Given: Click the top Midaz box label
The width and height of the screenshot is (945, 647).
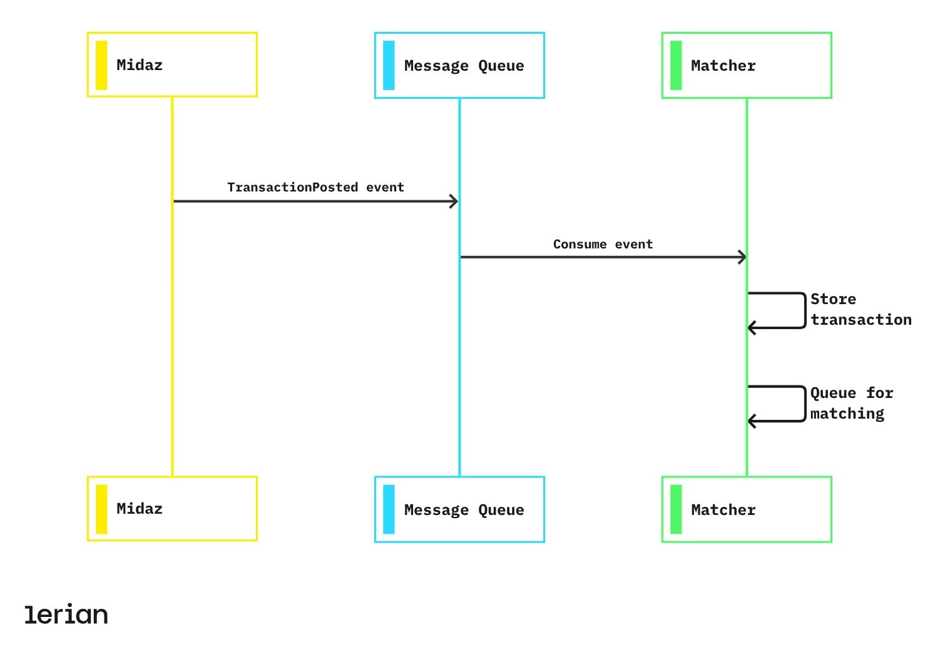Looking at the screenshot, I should tap(139, 65).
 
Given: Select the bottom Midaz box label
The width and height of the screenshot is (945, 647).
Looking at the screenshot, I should tap(139, 509).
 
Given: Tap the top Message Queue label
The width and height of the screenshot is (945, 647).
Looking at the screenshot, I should tap(464, 66).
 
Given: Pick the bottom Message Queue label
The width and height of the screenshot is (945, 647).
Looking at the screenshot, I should tap(464, 510).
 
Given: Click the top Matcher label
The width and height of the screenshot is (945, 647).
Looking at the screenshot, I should tap(723, 66).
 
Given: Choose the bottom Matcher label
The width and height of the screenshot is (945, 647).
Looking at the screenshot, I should tap(723, 510).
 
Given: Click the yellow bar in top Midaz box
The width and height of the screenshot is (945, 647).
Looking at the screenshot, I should tap(101, 65).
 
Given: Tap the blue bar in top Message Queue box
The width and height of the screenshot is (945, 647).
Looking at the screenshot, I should tap(389, 66).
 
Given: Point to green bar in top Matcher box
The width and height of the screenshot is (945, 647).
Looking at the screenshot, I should tap(676, 66).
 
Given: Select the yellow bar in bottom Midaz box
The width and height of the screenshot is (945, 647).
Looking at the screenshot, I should tap(101, 509).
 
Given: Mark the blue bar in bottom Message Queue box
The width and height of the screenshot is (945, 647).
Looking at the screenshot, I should tap(389, 509).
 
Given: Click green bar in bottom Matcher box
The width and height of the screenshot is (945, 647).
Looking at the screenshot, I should tap(676, 509).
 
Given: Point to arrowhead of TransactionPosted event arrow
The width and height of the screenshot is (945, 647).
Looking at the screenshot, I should tap(454, 201).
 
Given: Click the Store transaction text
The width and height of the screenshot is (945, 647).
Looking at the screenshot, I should tap(861, 309).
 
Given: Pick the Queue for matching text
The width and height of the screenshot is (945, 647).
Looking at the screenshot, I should tap(851, 403).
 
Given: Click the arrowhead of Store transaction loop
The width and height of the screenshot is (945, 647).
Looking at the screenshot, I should tap(752, 328).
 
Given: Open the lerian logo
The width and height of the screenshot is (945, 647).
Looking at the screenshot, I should tap(66, 614).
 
